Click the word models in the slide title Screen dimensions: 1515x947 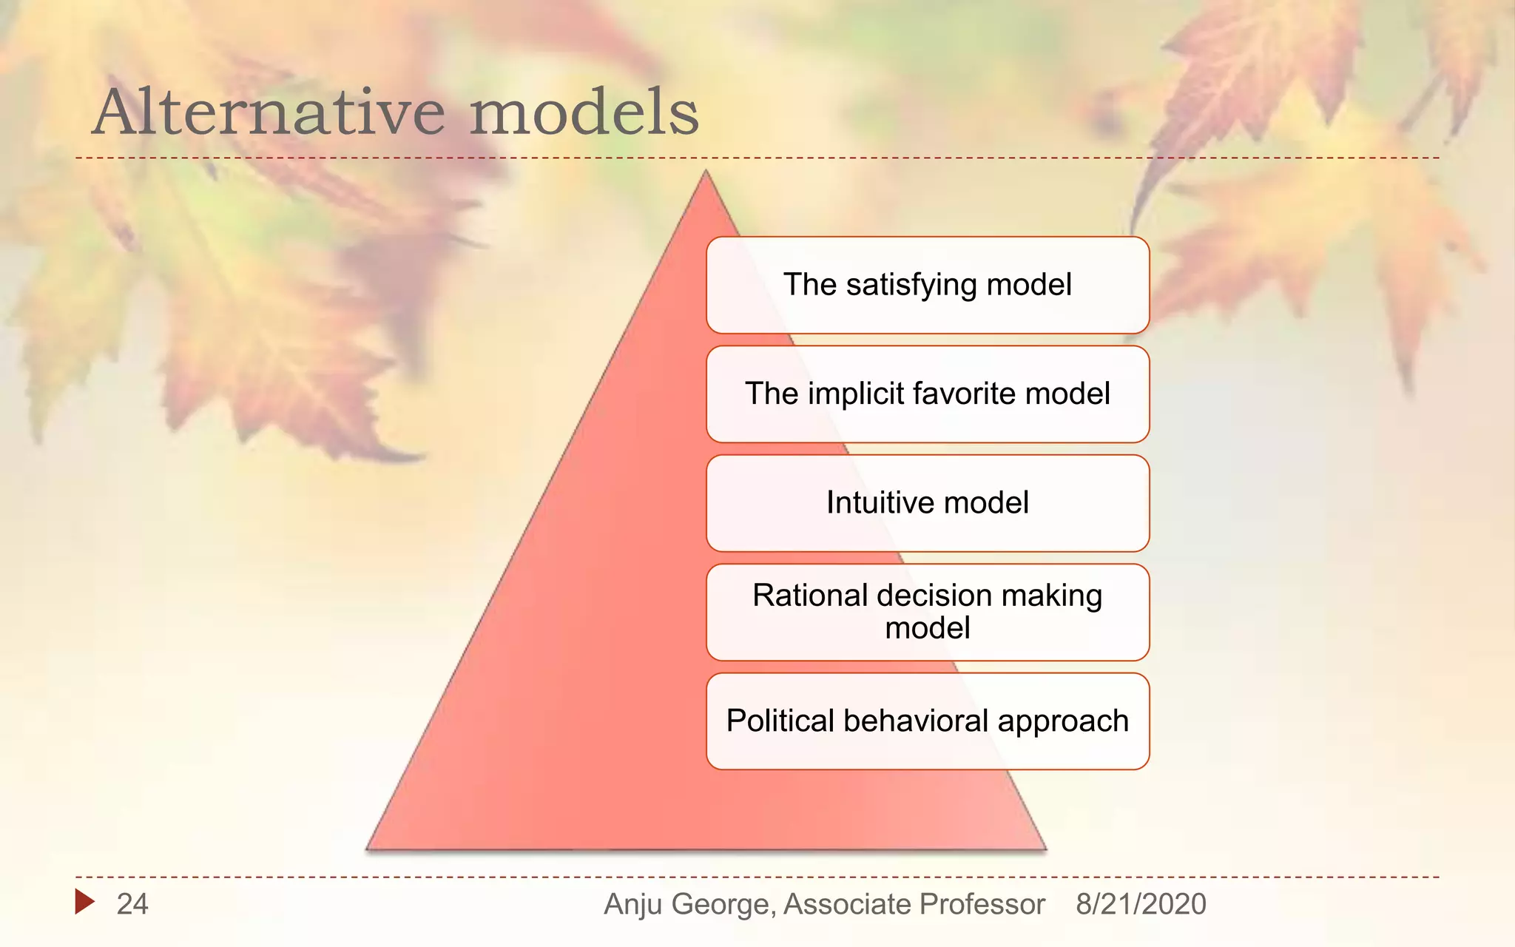click(584, 112)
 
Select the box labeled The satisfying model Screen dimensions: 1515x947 click(928, 285)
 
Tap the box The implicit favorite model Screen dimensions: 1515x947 click(928, 394)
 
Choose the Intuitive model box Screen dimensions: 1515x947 click(928, 503)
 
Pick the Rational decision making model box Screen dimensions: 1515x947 click(928, 613)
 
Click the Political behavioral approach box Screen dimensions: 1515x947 click(928, 721)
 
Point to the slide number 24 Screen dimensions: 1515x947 click(132, 904)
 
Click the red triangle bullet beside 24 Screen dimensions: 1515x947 click(84, 901)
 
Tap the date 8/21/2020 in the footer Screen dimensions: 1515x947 click(1141, 904)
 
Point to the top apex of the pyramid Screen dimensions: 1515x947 click(706, 171)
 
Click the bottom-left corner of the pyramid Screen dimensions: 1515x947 click(367, 849)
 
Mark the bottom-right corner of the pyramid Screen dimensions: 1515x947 click(1046, 849)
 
